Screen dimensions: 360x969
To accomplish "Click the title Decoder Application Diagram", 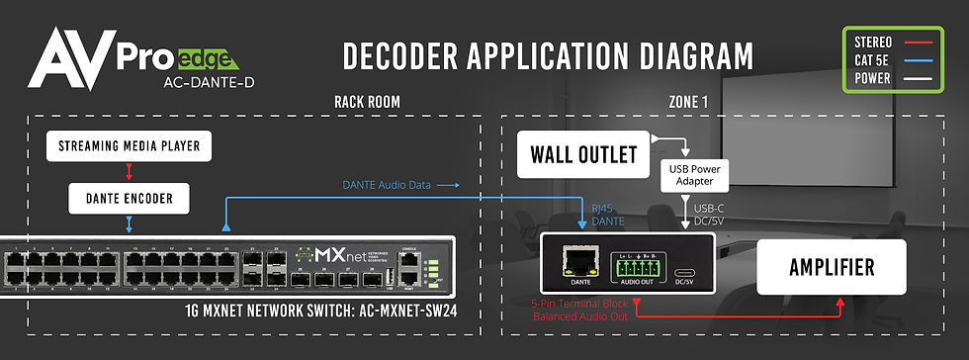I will tap(547, 56).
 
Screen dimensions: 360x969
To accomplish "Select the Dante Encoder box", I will tap(129, 198).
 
